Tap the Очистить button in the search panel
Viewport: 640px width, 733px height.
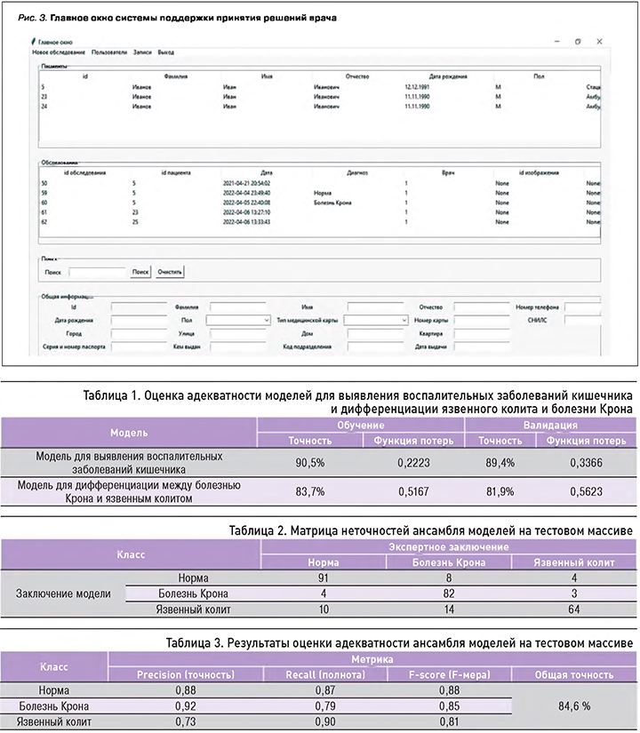pos(170,272)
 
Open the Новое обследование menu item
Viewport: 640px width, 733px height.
pos(59,52)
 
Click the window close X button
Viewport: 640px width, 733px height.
pos(600,41)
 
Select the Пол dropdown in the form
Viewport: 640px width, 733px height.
pos(237,318)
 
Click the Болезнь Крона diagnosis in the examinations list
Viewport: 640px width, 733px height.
pos(332,203)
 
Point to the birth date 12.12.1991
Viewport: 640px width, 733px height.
pos(417,87)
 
